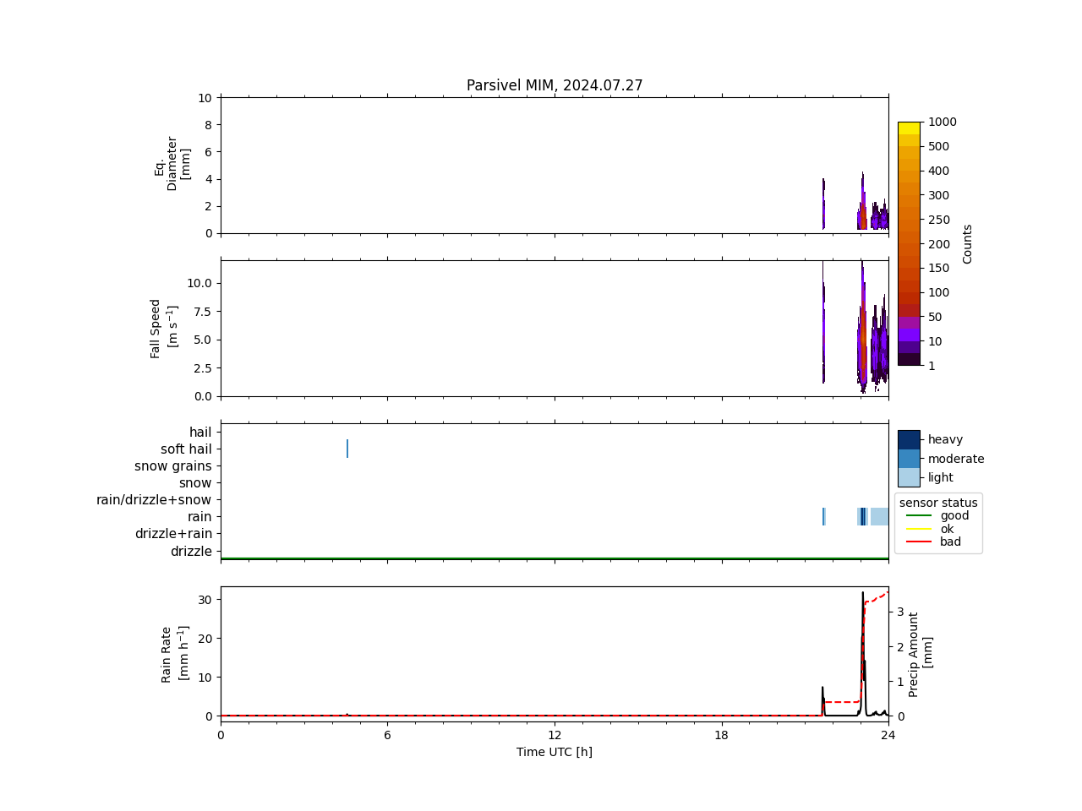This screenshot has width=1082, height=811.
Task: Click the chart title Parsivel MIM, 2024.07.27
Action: coord(555,85)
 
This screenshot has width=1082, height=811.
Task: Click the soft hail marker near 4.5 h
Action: coord(347,449)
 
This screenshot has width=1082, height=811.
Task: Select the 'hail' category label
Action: coord(200,433)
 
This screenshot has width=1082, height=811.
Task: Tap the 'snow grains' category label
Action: coord(173,466)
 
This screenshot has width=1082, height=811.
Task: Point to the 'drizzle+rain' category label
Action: coord(173,534)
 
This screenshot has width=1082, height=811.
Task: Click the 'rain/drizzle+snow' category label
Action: coord(154,500)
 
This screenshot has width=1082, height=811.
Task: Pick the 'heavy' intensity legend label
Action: coord(945,439)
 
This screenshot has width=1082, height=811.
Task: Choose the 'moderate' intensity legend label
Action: coord(956,459)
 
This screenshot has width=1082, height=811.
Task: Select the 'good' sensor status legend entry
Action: coord(954,516)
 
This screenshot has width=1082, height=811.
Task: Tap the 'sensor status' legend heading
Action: coord(938,503)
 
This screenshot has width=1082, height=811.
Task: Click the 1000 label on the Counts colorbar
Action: coord(943,122)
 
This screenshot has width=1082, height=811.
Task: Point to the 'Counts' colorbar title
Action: coord(968,243)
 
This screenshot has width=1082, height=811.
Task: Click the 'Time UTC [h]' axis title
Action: coord(555,752)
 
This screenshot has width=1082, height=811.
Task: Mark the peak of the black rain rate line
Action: coord(863,592)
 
